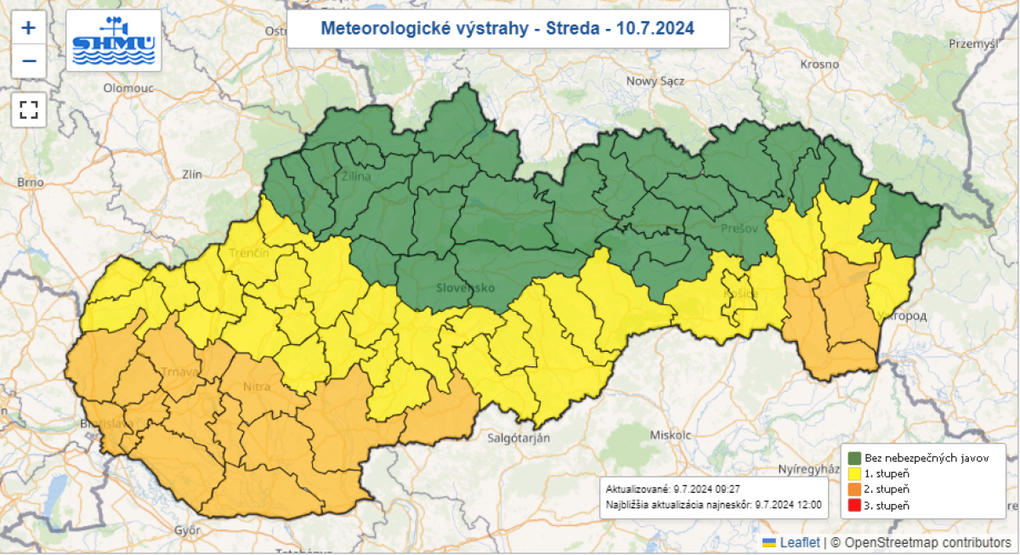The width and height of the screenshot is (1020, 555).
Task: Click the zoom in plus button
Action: click(x=28, y=28)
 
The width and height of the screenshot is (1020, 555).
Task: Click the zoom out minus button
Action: click(x=28, y=61)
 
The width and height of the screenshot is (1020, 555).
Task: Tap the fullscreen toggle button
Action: click(x=28, y=110)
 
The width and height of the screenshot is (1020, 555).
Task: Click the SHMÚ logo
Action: click(x=113, y=40)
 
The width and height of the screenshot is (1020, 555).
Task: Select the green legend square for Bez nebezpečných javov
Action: click(x=854, y=458)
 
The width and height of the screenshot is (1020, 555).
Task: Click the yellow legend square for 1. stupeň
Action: click(x=854, y=473)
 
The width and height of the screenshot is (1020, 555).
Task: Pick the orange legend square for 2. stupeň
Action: click(x=854, y=490)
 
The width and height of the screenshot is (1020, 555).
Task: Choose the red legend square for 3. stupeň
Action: click(x=854, y=506)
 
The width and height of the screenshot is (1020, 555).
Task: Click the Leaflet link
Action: click(x=800, y=542)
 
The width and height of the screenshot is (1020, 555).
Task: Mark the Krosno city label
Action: click(x=819, y=65)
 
